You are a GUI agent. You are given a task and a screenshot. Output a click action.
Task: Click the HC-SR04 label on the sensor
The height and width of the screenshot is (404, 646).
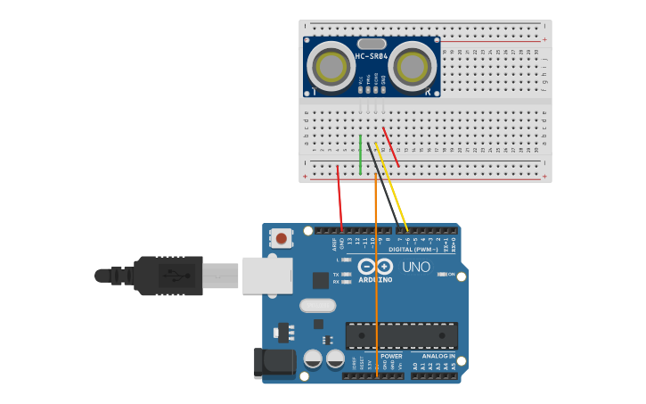tap(372, 57)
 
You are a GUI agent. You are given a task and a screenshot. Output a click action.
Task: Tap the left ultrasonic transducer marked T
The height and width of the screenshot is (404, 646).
tap(331, 67)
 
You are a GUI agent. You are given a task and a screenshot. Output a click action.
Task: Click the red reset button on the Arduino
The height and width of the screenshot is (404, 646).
tap(282, 238)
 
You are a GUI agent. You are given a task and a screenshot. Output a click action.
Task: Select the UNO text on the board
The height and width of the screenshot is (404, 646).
tap(415, 267)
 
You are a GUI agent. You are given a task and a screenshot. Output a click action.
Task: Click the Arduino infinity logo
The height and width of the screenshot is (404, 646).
tap(375, 266)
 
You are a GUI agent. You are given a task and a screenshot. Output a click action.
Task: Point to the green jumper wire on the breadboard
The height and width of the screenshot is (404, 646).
tap(360, 153)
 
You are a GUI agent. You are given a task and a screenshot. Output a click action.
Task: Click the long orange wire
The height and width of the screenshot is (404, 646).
tap(376, 268)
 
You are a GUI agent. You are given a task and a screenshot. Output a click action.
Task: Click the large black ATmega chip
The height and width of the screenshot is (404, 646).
tap(401, 335)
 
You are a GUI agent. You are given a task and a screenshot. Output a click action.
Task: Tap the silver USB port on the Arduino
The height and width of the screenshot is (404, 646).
tap(267, 275)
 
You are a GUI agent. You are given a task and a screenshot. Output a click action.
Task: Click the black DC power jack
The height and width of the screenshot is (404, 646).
tap(274, 363)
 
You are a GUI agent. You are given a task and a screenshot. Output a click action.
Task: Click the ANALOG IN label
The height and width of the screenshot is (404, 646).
tap(437, 356)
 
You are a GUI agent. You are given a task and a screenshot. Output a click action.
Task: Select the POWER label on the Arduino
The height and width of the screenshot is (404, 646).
tap(391, 356)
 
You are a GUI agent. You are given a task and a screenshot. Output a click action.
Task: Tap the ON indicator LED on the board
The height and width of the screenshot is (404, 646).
tap(442, 274)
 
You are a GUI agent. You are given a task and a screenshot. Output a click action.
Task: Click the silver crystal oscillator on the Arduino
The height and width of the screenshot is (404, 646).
tap(317, 306)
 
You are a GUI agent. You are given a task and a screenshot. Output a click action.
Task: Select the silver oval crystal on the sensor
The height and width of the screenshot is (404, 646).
tap(372, 44)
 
